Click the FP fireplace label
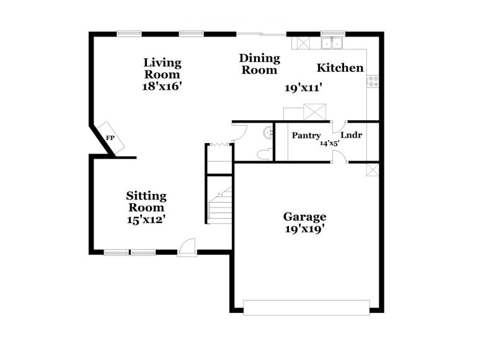click(x=110, y=138)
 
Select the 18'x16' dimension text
click(x=161, y=87)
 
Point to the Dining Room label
click(x=260, y=64)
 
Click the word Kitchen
click(x=340, y=68)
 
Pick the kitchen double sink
click(x=333, y=43)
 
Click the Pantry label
click(x=306, y=135)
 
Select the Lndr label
click(x=351, y=134)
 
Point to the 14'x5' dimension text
click(x=328, y=143)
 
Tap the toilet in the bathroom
click(x=264, y=153)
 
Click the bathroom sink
click(x=268, y=131)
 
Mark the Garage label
click(x=304, y=216)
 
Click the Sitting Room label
click(x=146, y=202)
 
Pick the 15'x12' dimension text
click(x=146, y=219)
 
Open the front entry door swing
click(x=186, y=248)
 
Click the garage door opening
click(x=308, y=305)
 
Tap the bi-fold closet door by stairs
click(x=218, y=144)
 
